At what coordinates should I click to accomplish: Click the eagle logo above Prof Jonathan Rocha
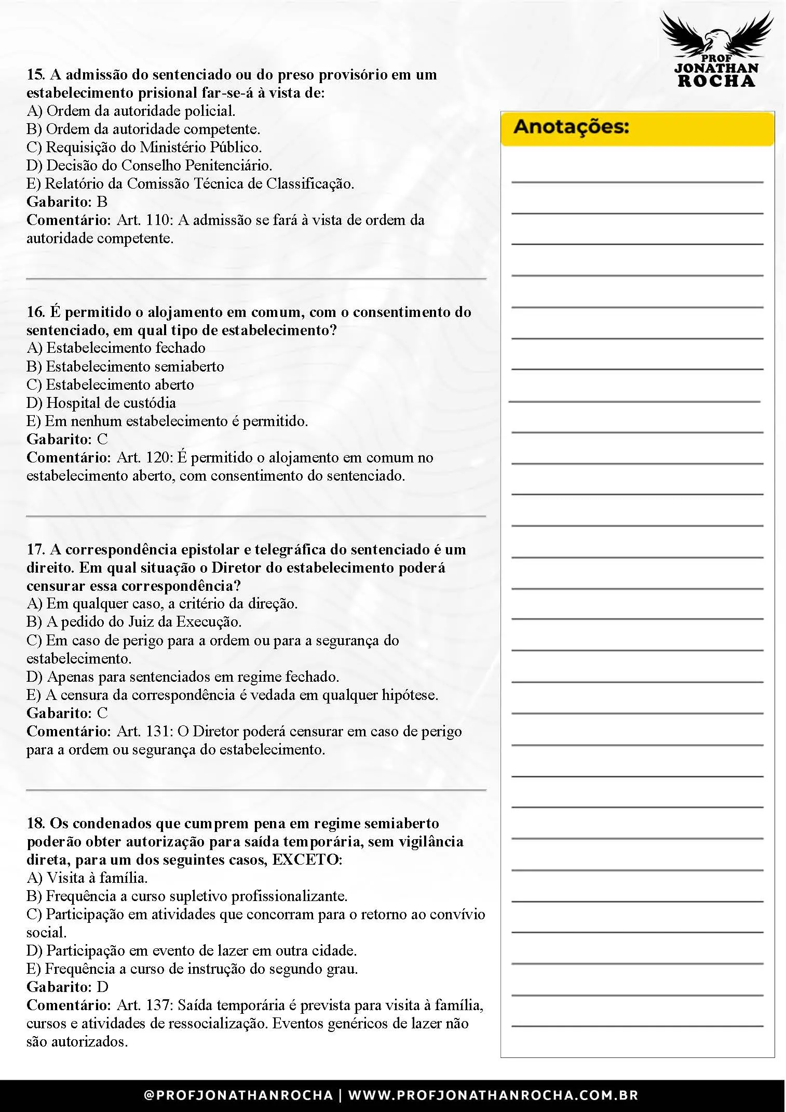(x=716, y=33)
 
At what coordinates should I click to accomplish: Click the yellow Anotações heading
(x=571, y=127)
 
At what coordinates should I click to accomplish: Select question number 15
(x=35, y=75)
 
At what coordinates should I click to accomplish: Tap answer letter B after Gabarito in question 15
(x=102, y=202)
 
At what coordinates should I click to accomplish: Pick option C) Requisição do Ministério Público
(x=144, y=147)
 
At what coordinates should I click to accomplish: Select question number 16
(x=35, y=312)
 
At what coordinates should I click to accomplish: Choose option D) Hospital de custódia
(x=101, y=403)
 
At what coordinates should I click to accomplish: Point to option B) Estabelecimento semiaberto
(x=125, y=366)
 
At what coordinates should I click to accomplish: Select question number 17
(x=35, y=549)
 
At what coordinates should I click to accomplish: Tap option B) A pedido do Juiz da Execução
(x=134, y=621)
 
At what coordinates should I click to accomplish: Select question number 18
(x=35, y=823)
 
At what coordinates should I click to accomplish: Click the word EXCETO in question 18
(x=306, y=859)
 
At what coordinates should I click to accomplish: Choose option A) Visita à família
(x=87, y=878)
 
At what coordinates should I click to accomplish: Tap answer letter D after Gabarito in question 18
(x=102, y=987)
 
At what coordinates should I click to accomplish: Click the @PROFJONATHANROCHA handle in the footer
(x=238, y=1095)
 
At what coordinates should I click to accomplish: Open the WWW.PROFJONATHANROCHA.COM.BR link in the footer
(x=493, y=1095)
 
